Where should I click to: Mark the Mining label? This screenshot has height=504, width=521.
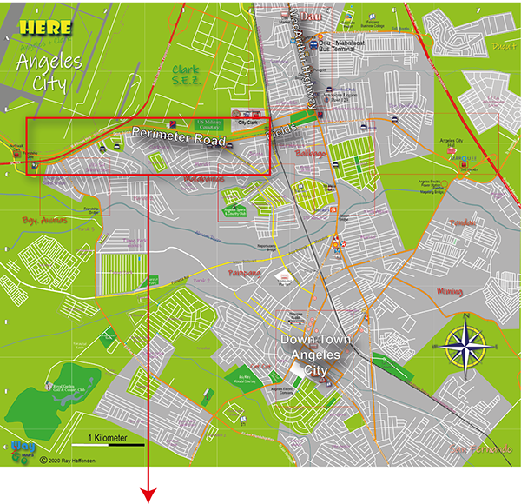(x=450, y=292)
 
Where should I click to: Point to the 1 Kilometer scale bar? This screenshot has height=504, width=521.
(x=106, y=441)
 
